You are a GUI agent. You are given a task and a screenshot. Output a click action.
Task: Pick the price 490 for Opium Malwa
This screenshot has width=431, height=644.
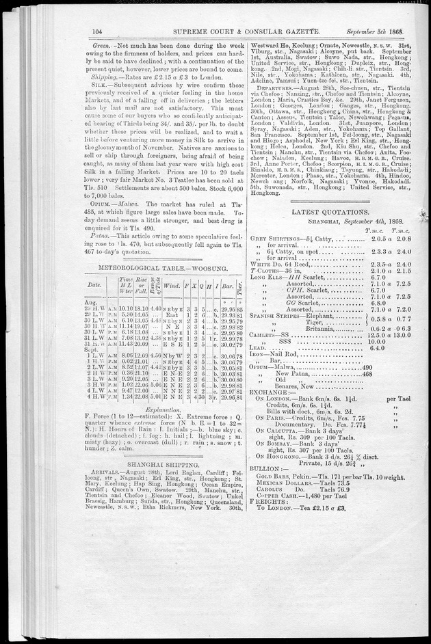click(x=367, y=386)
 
